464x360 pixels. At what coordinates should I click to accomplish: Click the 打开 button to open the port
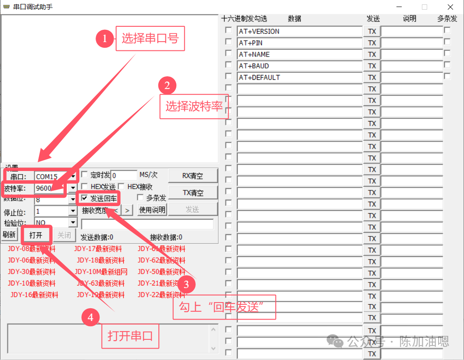36,235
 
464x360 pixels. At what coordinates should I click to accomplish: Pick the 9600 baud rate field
50,189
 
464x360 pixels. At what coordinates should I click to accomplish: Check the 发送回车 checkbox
85,198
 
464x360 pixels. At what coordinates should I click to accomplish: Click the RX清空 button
193,176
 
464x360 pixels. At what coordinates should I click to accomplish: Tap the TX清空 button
193,192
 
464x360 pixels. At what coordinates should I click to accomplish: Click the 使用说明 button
152,210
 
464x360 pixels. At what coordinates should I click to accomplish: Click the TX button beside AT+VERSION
372,32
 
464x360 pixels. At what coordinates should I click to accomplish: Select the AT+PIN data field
300,43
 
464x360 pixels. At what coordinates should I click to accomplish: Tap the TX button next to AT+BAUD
372,66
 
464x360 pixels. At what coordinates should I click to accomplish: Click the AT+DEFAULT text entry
300,78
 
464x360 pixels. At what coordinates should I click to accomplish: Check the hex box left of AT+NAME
228,53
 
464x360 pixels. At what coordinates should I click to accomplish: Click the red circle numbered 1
104,39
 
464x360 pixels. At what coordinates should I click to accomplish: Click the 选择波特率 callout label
194,106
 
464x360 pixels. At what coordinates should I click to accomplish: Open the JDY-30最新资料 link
32,271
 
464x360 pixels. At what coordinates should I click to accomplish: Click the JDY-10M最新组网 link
102,271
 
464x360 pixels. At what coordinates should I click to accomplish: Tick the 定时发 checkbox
85,175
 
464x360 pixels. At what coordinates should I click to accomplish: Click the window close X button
450,7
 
